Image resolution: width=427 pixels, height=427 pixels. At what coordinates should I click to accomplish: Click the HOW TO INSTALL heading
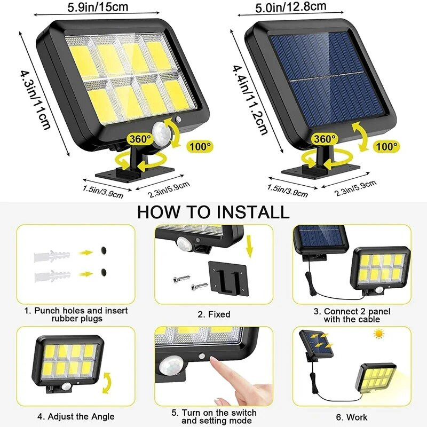pyautogui.click(x=213, y=211)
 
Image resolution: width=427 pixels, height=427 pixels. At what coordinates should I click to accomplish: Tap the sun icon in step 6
pyautogui.click(x=379, y=334)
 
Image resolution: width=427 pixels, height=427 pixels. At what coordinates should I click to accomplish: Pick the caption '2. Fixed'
pyautogui.click(x=213, y=314)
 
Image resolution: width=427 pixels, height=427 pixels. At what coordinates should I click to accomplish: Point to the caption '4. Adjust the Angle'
pyautogui.click(x=76, y=416)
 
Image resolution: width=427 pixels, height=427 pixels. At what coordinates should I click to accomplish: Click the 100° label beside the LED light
pyautogui.click(x=200, y=145)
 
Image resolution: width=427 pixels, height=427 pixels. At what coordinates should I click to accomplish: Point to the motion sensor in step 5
pyautogui.click(x=170, y=367)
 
